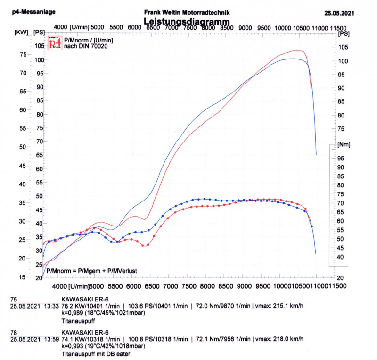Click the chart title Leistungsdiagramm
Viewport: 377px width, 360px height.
click(187, 22)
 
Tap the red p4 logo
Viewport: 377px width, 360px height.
click(55, 43)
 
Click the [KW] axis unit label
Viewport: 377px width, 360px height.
click(22, 33)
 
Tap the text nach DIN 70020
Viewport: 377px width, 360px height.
click(85, 46)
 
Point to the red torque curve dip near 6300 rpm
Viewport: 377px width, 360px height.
click(144, 245)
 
